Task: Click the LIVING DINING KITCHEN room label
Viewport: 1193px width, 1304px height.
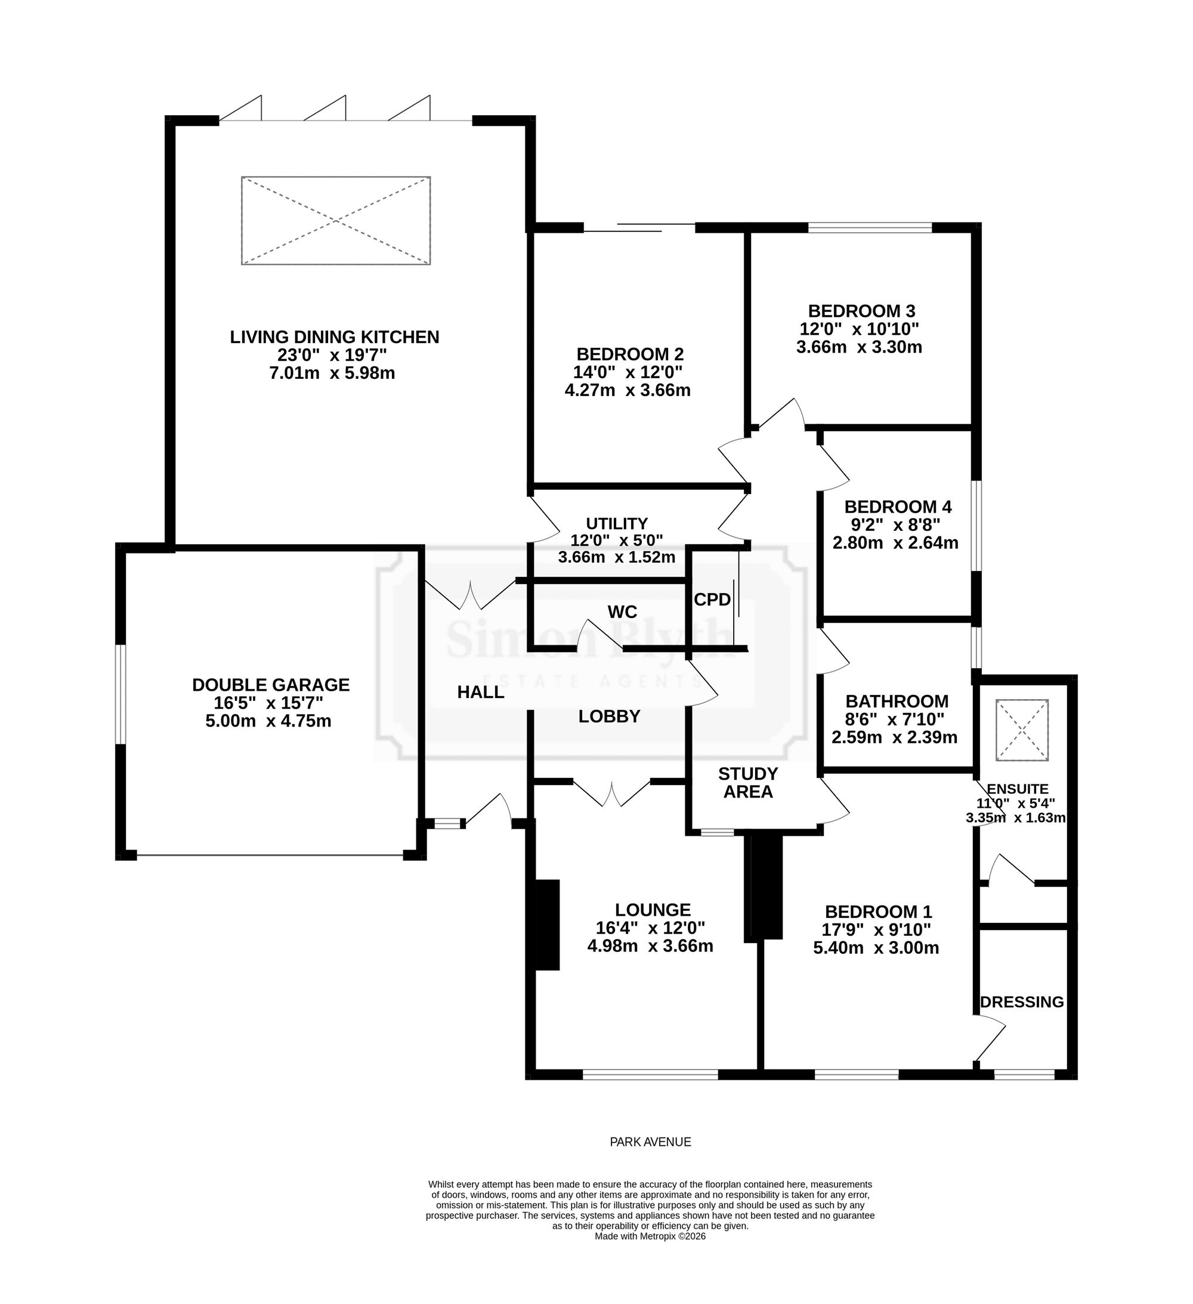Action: pos(335,337)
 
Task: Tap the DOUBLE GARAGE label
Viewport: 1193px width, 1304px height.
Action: pos(270,684)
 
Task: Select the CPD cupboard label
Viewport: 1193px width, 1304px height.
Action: pos(712,600)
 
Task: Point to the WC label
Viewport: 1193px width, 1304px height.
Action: pos(622,611)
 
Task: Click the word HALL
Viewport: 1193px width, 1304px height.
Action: pos(481,692)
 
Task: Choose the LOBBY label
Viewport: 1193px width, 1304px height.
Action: pos(610,716)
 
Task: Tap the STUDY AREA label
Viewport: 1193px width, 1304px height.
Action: pos(748,783)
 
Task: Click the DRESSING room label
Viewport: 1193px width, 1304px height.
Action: pos(1022,1002)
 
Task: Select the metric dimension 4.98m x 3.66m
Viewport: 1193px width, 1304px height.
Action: pos(650,946)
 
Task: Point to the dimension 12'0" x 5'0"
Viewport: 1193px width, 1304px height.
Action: pos(617,540)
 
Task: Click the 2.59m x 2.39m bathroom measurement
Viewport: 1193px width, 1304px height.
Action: pos(894,737)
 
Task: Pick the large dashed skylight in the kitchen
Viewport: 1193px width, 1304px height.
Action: pos(336,221)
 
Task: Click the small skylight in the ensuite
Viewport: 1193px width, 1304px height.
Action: pos(1022,730)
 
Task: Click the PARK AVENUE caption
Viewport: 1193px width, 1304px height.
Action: pos(650,1142)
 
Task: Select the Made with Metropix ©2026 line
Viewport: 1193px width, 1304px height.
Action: pos(650,1236)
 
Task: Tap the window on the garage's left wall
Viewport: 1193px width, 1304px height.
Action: pos(121,694)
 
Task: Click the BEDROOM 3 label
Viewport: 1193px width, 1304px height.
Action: pos(861,311)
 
